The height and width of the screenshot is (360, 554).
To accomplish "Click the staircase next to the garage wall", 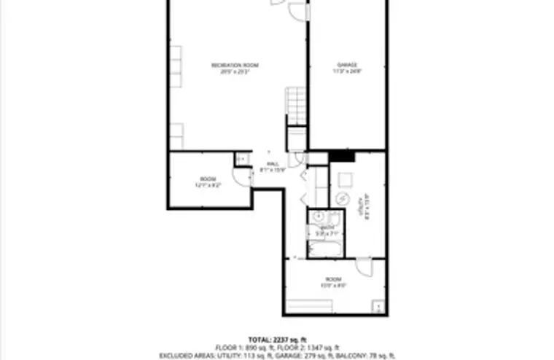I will pyautogui.click(x=297, y=105).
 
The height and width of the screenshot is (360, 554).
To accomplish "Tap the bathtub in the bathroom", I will pyautogui.click(x=323, y=249).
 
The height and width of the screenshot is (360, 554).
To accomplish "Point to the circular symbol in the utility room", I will pyautogui.click(x=342, y=198).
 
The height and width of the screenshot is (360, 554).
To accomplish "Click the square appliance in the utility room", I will pyautogui.click(x=345, y=179).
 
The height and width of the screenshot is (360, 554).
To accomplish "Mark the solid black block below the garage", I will pyautogui.click(x=340, y=154).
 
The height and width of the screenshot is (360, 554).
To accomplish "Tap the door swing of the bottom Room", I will pyautogui.click(x=364, y=267).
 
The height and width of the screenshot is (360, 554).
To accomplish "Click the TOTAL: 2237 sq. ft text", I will pyautogui.click(x=278, y=340).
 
